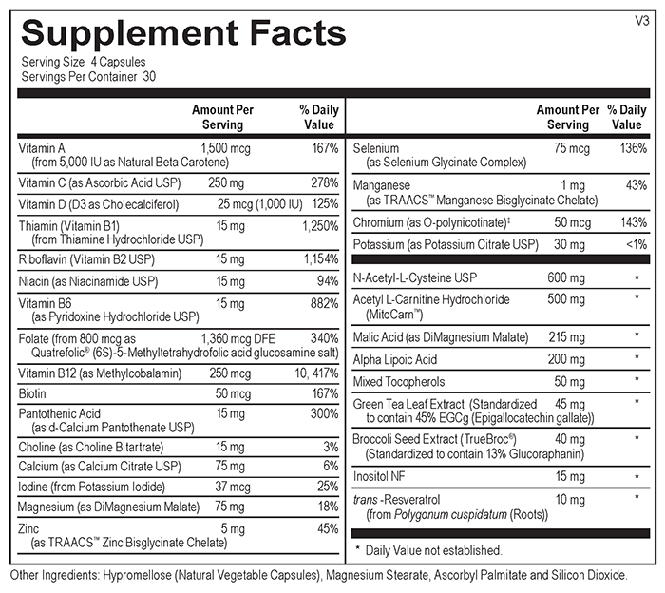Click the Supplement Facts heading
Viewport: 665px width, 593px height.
(183, 34)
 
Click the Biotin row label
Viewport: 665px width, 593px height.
(34, 392)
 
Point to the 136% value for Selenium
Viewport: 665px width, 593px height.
(631, 149)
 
